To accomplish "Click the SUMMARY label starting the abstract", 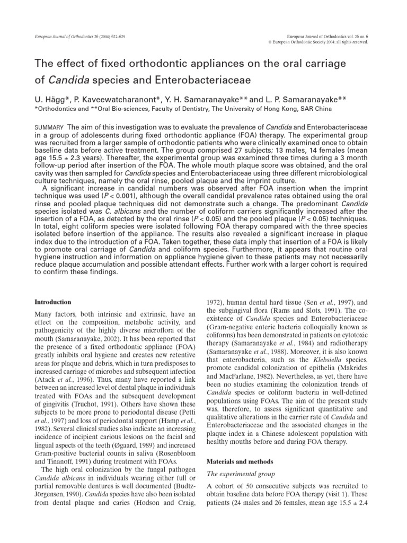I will tap(49, 128).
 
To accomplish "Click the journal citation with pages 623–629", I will tap(74, 34).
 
